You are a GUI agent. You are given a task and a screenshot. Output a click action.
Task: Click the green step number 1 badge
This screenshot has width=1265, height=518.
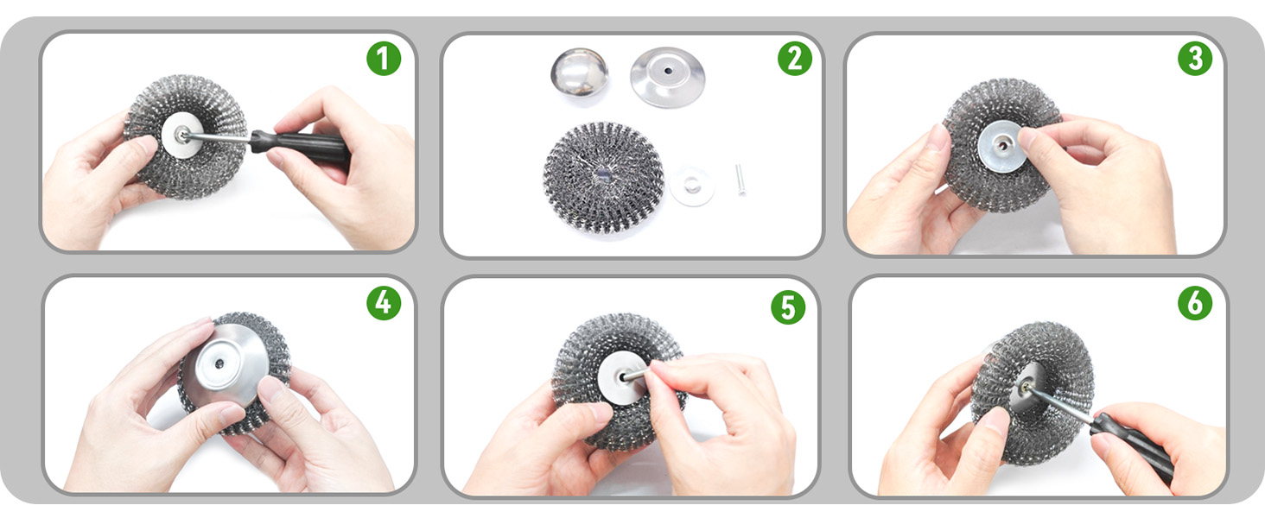point(384,59)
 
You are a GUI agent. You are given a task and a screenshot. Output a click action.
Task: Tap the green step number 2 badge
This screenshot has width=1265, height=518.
point(795,59)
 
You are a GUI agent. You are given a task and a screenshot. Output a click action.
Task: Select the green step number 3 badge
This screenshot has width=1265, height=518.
point(1195,58)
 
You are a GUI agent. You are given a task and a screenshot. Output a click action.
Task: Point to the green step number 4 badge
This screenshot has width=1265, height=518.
point(384,303)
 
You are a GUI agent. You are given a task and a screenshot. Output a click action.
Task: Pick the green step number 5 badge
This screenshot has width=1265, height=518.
point(788,307)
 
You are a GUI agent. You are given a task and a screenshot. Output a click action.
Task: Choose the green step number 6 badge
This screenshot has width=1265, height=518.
point(1195,303)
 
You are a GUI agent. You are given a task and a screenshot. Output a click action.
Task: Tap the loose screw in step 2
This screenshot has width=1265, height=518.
point(741,180)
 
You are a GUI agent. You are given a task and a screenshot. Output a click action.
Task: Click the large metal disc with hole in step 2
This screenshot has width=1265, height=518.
point(668,78)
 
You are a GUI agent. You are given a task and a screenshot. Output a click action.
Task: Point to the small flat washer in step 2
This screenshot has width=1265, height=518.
point(692,186)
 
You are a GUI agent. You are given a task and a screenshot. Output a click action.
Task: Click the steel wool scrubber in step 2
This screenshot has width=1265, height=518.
point(602,178)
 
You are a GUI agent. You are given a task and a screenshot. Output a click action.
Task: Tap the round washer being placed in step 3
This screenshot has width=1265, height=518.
point(1001,146)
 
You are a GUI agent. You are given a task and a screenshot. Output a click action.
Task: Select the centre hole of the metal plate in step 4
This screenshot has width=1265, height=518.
point(219,363)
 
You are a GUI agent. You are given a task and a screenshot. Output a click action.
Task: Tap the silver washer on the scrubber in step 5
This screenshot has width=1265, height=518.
point(622,377)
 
